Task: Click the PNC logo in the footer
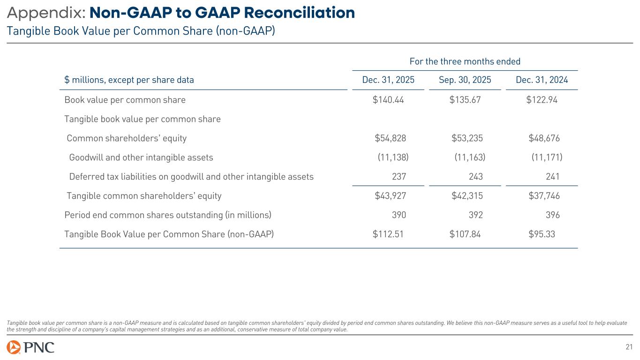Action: pos(30,347)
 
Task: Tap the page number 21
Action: pos(629,347)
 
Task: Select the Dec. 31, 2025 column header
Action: pos(388,80)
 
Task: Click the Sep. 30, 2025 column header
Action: pos(465,80)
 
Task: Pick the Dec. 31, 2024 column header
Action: pos(542,80)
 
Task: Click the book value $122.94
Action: pos(542,100)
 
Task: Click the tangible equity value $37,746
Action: pos(544,196)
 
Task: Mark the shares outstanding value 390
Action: pos(399,215)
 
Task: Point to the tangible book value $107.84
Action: pos(465,234)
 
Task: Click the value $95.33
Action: pos(542,234)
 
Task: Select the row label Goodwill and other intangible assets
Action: pos(141,157)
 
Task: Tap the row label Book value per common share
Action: pos(125,100)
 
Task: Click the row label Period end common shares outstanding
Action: pos(167,215)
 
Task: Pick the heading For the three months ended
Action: pos(465,61)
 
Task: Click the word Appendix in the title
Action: pos(45,13)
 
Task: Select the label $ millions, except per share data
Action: pos(129,80)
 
